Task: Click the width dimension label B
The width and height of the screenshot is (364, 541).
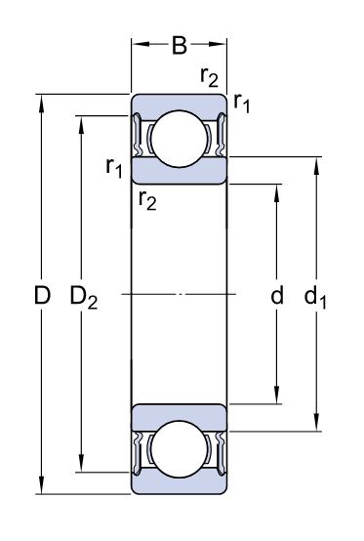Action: pos(180,45)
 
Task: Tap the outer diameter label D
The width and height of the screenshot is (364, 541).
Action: pos(42,295)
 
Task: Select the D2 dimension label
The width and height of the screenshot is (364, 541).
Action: pos(84,297)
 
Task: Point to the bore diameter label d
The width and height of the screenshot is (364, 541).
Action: pos(277,295)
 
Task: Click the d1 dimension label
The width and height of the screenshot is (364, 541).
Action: pos(315,297)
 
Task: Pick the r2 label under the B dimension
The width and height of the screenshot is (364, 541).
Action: pos(209,77)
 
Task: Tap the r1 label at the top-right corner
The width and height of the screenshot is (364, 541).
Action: pos(241,104)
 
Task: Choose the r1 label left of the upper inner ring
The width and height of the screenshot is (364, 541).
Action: pos(114,168)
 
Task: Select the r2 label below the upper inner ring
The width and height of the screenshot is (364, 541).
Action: pos(147,200)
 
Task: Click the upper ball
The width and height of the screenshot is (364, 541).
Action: pos(180,139)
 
